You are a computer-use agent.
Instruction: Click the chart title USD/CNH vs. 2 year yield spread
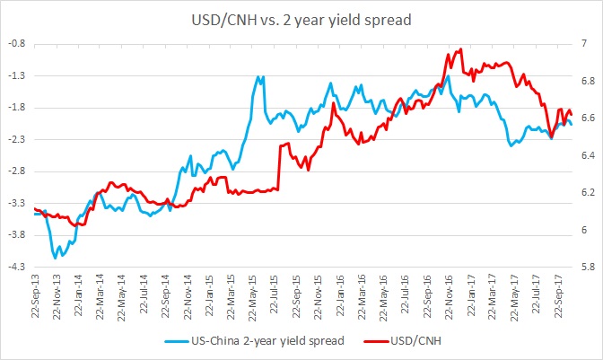click(x=301, y=17)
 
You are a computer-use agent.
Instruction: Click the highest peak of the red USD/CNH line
click(x=460, y=49)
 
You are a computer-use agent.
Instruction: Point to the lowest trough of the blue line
click(x=56, y=258)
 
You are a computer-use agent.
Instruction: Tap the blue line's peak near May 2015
click(x=260, y=76)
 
